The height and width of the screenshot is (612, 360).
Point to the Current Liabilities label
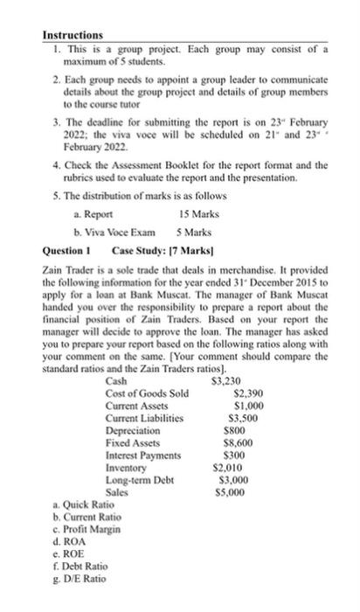144,418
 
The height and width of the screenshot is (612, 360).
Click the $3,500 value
249,418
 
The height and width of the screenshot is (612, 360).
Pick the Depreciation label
133,430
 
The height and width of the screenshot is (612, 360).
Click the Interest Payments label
143,455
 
